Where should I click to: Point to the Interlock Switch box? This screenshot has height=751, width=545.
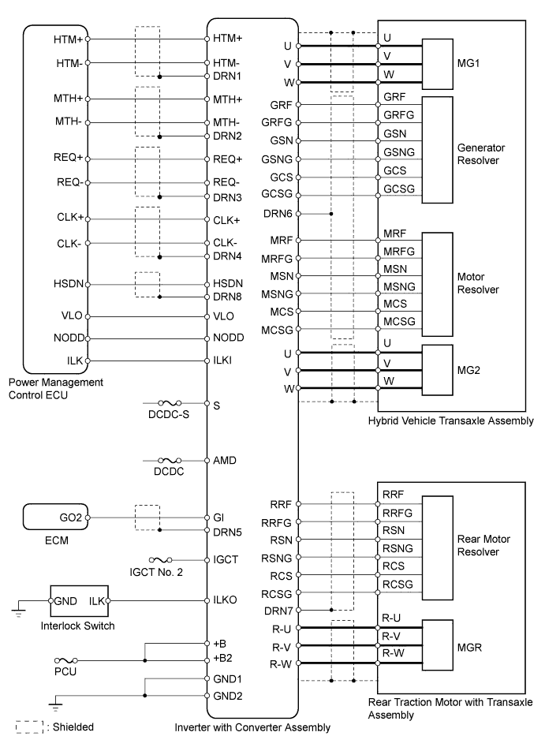[x=80, y=602]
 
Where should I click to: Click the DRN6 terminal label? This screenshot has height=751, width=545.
[x=278, y=214]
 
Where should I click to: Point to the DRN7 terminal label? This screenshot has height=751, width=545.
[x=278, y=610]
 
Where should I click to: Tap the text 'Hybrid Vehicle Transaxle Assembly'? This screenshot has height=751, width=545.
[x=450, y=422]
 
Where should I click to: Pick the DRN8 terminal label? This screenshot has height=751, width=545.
[x=229, y=297]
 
